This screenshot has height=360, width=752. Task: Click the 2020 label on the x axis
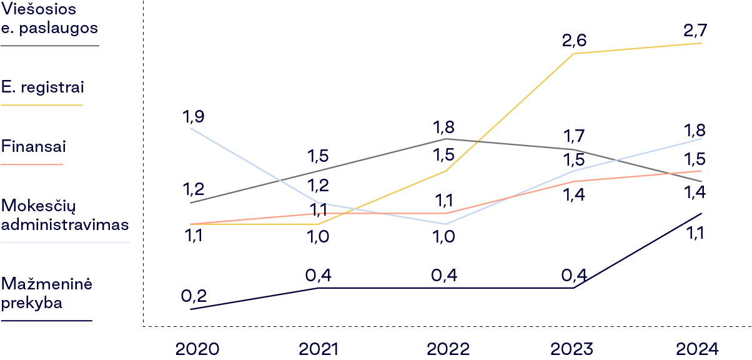197,349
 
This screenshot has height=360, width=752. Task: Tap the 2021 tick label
319,349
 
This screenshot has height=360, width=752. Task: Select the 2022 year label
448,349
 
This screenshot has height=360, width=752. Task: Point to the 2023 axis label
573,349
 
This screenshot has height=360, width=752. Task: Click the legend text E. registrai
42,87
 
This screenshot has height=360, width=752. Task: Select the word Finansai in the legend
34,147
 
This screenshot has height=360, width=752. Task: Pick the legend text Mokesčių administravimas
65,214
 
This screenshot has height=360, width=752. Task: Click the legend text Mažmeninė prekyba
47,294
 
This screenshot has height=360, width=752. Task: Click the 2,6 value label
575,41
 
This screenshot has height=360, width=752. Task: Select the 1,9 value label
194,116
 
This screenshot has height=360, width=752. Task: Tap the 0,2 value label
194,295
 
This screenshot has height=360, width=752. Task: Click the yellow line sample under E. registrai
42,105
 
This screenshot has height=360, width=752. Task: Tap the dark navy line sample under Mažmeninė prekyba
46,321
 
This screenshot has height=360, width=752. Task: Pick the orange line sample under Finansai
32,164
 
